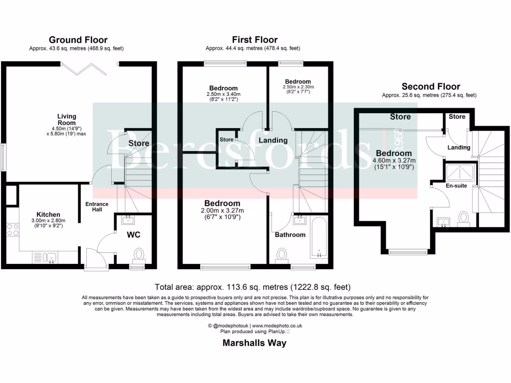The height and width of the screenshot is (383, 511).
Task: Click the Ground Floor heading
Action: (77, 40)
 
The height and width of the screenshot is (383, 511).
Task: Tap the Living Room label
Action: (66, 120)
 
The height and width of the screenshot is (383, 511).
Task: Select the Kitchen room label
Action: (48, 214)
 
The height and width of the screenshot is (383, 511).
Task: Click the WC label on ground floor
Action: (132, 233)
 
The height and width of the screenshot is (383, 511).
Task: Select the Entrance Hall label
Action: (97, 207)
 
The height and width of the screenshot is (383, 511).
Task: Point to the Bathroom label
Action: (290, 234)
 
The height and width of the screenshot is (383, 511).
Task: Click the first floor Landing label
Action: (273, 141)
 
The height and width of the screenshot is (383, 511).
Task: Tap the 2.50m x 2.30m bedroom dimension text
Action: (298, 87)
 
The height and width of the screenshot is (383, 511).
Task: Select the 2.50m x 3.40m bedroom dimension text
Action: (224, 94)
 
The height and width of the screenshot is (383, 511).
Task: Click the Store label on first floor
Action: (226, 140)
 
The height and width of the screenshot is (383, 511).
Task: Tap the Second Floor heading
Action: (431, 86)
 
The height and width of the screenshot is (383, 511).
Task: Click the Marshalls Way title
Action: (254, 343)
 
